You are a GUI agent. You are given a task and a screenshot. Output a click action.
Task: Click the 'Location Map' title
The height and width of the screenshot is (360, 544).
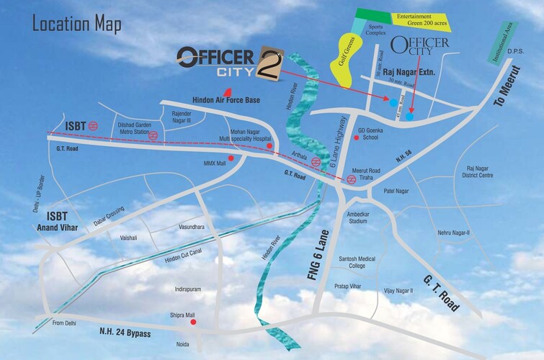(x=77, y=24)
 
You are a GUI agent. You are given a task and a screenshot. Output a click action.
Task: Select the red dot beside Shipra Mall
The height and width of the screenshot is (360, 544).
(x=192, y=322)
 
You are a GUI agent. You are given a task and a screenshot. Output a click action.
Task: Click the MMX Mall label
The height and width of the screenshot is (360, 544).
(x=215, y=163)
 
